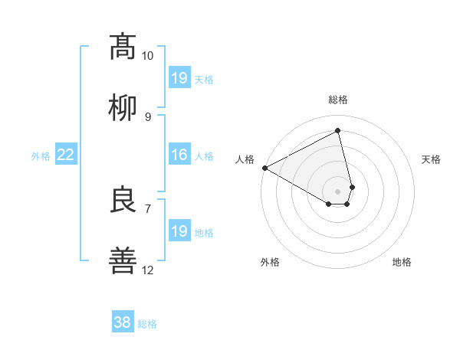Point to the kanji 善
[x=123, y=261]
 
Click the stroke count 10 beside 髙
[x=147, y=56]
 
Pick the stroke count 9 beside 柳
[x=147, y=116]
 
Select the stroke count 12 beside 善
[x=147, y=270]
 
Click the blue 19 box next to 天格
[x=179, y=78]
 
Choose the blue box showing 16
[x=179, y=155]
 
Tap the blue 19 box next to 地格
[x=179, y=231]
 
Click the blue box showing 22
[x=66, y=155]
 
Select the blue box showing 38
[x=123, y=322]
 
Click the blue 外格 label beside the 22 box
[x=41, y=156]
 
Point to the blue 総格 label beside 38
[x=147, y=324]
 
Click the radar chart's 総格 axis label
[x=337, y=100]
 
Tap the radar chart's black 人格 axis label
[x=245, y=159]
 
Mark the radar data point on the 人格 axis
[x=264, y=167]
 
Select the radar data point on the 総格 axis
[x=337, y=131]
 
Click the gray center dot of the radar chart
[x=337, y=191]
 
